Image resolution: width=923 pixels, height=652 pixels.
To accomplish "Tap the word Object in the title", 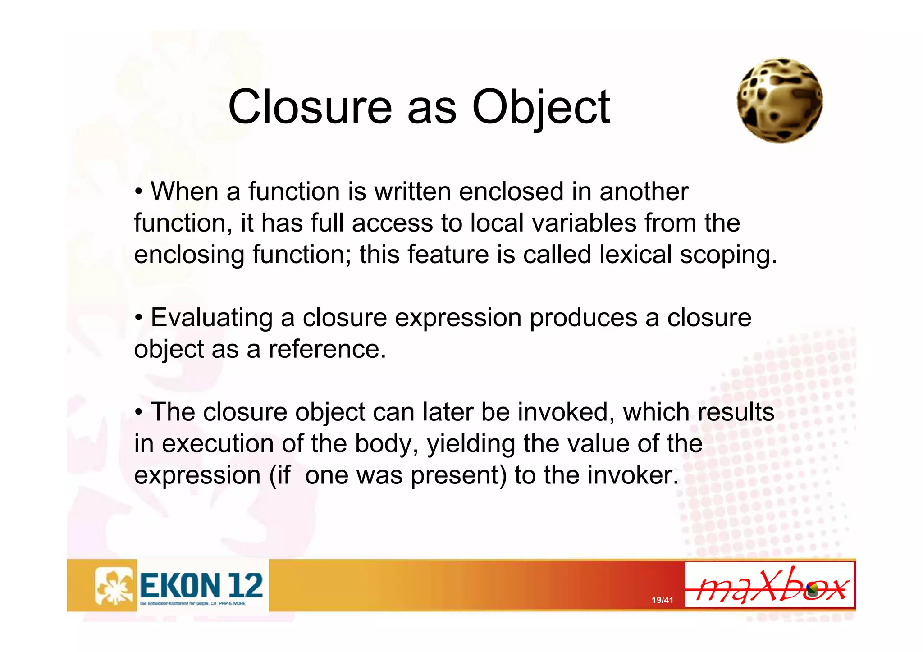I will [541, 108].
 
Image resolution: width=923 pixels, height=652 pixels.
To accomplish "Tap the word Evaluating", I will [211, 318].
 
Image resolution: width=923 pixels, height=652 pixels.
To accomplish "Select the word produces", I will [583, 318].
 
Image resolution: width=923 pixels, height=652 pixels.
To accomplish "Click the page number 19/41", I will [662, 600].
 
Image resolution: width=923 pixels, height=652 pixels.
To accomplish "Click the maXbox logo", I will [769, 585].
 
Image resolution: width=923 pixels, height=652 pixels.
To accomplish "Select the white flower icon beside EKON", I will [114, 585].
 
